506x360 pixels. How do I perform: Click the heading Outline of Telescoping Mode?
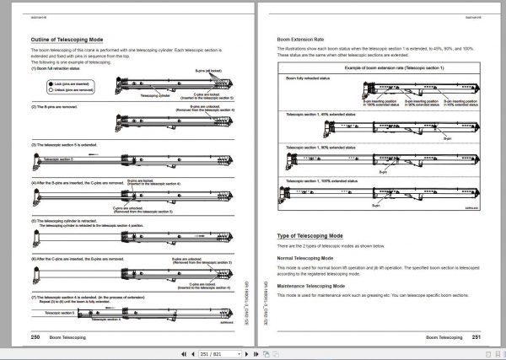(x=67, y=40)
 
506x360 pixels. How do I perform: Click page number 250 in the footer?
(x=35, y=336)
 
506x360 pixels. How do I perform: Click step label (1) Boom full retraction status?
(x=64, y=68)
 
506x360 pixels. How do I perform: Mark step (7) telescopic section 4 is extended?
(x=84, y=298)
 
